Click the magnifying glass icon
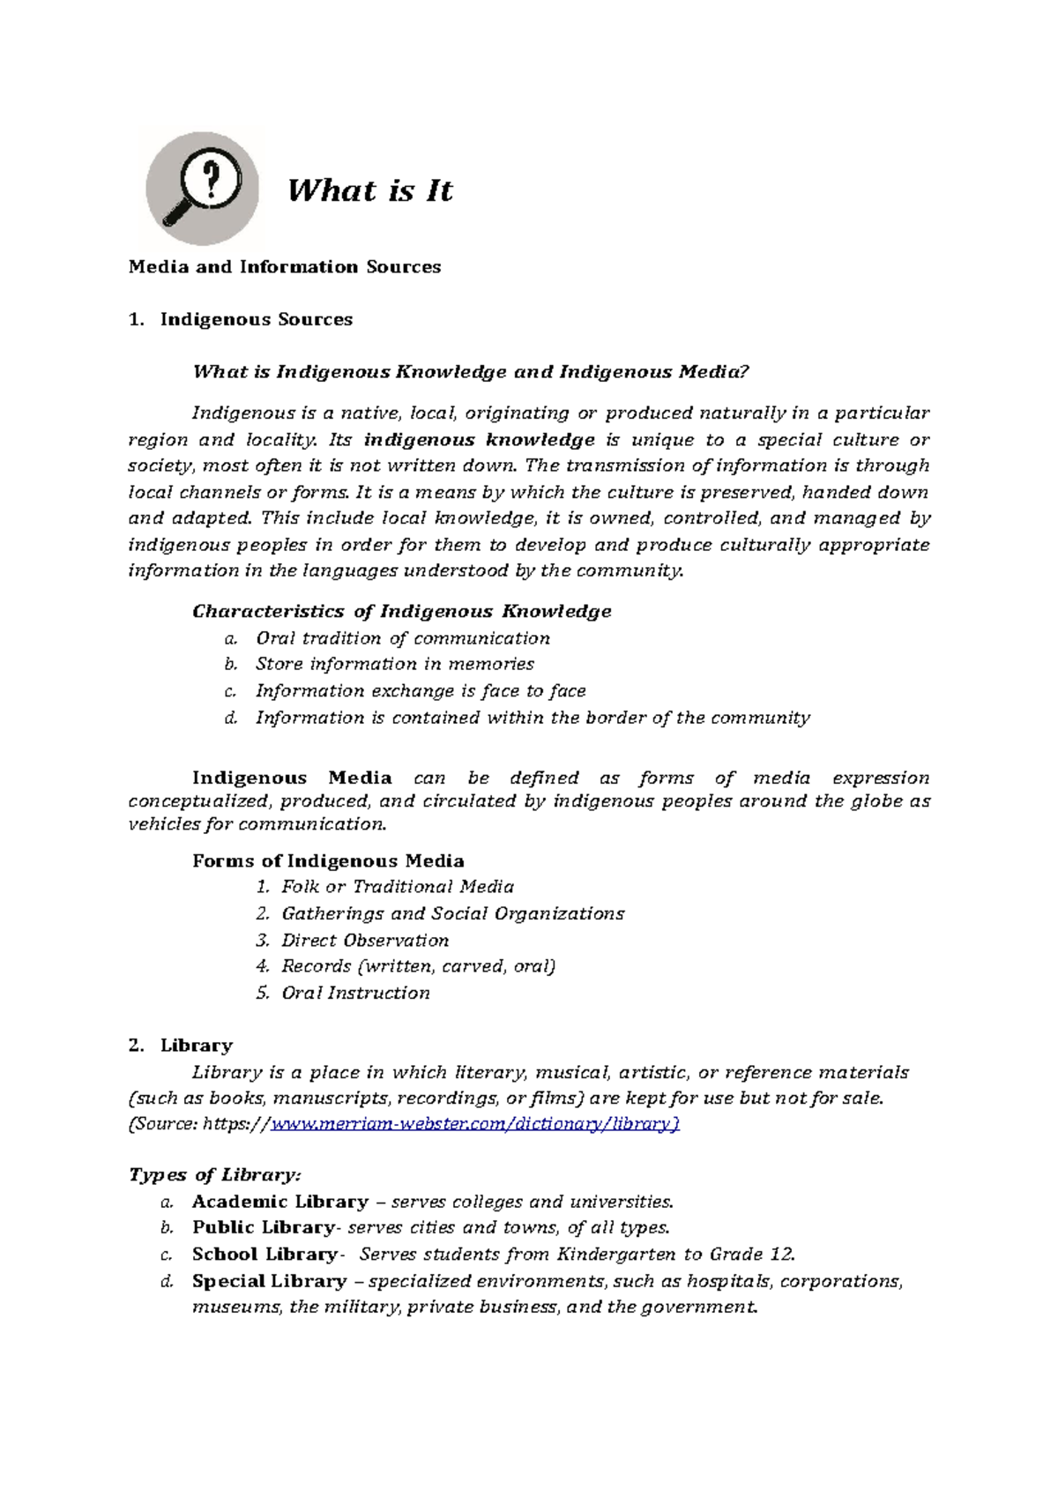(203, 189)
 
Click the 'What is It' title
(369, 190)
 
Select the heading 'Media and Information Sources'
(284, 267)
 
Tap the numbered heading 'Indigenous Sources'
(256, 320)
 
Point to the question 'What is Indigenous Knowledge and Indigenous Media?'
(470, 372)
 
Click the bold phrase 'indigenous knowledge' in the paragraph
(479, 440)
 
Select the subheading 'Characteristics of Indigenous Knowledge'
(401, 612)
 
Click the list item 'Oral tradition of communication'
(402, 638)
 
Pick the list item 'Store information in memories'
(394, 664)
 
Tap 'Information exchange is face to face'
(421, 691)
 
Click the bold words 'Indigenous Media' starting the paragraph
(292, 778)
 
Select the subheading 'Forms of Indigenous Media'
(328, 861)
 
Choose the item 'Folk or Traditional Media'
(398, 887)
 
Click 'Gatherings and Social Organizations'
(452, 914)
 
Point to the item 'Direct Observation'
(365, 941)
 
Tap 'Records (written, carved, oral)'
(418, 966)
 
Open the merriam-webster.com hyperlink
(474, 1124)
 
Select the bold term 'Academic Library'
(280, 1203)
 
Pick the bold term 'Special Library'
(269, 1282)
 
